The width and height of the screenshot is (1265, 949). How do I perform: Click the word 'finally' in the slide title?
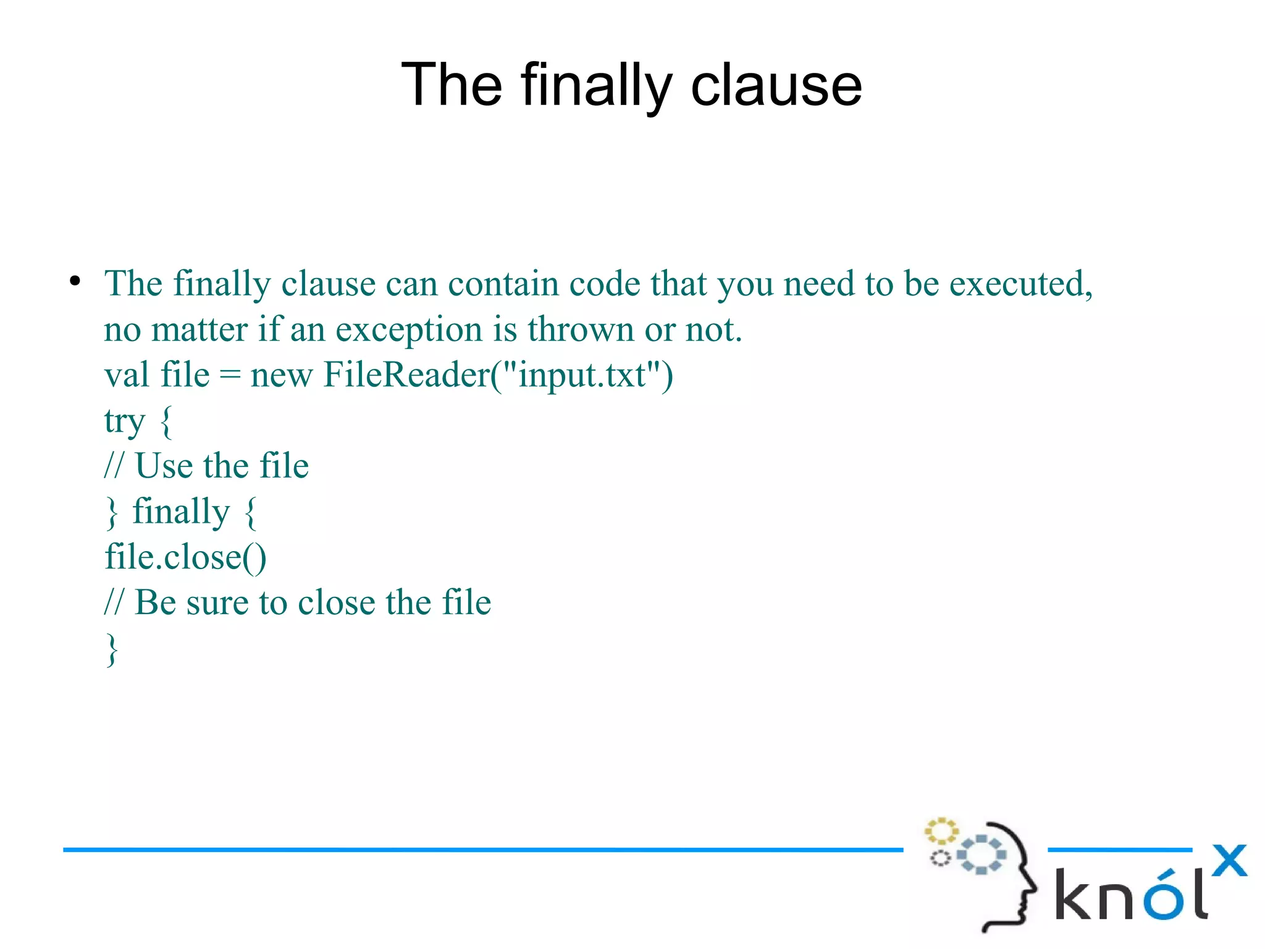pyautogui.click(x=596, y=86)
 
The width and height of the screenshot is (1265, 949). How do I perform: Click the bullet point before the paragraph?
pyautogui.click(x=75, y=281)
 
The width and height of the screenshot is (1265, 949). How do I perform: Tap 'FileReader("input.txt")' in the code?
pyautogui.click(x=498, y=375)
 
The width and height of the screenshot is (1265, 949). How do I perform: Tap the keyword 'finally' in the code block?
pyautogui.click(x=181, y=512)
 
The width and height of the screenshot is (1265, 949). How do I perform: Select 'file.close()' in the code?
pyautogui.click(x=185, y=557)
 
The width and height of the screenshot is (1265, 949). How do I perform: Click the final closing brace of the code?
pyautogui.click(x=112, y=649)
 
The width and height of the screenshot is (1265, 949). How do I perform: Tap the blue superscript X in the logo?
pyautogui.click(x=1229, y=861)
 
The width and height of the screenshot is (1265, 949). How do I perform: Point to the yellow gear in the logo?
pyautogui.click(x=941, y=832)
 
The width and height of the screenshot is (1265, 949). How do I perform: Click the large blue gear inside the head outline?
pyautogui.click(x=981, y=854)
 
